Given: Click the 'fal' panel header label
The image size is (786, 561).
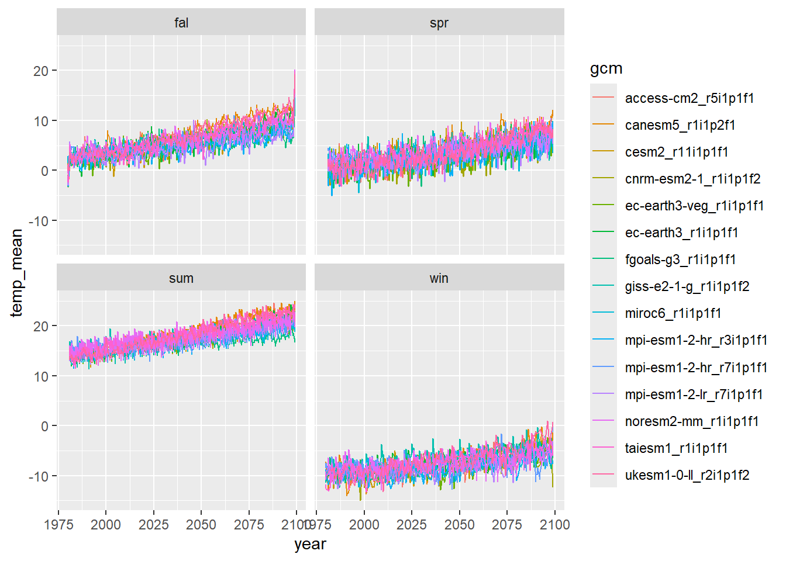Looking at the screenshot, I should pos(181,23).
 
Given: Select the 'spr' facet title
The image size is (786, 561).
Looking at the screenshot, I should pos(439,23).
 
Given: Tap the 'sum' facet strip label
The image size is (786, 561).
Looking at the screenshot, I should pos(181,278).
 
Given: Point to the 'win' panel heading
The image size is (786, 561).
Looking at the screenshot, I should pos(439,278).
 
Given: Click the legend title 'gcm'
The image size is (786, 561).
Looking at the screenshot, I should pos(606,68).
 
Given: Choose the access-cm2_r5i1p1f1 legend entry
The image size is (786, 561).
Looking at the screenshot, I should pos(690,98).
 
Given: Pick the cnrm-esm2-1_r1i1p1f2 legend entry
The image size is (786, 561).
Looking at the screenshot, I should pos(692,179).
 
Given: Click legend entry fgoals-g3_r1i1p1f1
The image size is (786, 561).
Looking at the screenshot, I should pos(680,259).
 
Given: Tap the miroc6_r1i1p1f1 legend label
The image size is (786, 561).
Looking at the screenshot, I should pos(673,313).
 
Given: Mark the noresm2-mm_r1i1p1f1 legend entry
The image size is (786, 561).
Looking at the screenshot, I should pos(692,421).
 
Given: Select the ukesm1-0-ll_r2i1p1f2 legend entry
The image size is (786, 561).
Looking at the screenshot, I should pos(687,475).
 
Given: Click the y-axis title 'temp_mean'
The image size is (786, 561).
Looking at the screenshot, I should pos(16,273).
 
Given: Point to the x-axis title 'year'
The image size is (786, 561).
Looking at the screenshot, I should pos(310,544).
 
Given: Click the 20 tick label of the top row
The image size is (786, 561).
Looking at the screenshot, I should pos(40,71).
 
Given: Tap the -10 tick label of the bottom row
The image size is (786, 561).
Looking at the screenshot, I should pos(39,476).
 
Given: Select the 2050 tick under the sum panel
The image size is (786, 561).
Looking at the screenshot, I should pos(201,524).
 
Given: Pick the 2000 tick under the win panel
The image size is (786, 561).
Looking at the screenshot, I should pos(364,524).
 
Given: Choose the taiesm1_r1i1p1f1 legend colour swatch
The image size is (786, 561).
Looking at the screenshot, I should pos(604,448).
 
